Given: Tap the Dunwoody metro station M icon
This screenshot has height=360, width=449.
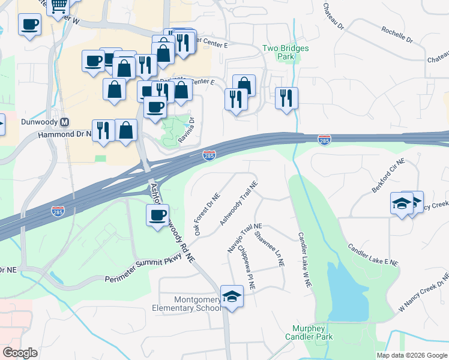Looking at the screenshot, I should pyautogui.click(x=65, y=121).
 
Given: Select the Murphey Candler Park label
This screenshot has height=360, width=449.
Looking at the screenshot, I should pyautogui.click(x=312, y=333).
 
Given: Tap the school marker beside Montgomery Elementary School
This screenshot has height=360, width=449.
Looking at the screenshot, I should pyautogui.click(x=232, y=296).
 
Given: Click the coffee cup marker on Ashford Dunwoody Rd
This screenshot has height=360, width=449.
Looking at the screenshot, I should pyautogui.click(x=158, y=215).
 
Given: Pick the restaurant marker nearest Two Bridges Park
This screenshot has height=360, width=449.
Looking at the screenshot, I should pyautogui.click(x=286, y=97).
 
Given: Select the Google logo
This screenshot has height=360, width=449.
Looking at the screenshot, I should pyautogui.click(x=20, y=353).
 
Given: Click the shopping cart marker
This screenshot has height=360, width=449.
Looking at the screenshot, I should pyautogui.click(x=58, y=6).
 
